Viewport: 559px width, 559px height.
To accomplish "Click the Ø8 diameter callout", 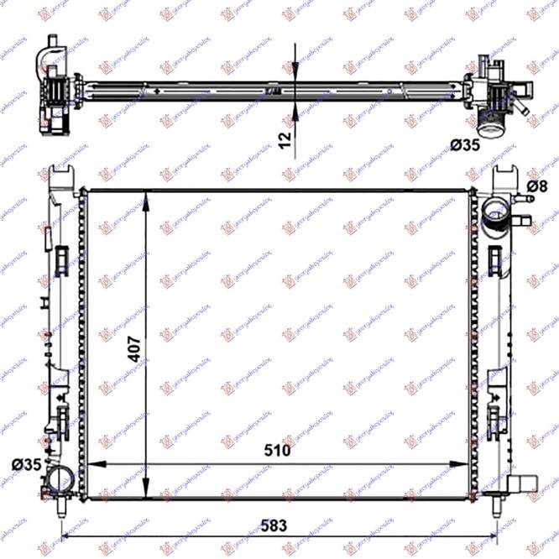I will pyautogui.click(x=536, y=185).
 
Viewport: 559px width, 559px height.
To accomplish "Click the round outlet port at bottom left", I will pyautogui.click(x=60, y=480).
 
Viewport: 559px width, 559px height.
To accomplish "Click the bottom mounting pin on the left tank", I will pyautogui.click(x=64, y=506).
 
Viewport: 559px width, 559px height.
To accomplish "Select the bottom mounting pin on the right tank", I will pyautogui.click(x=494, y=506).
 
